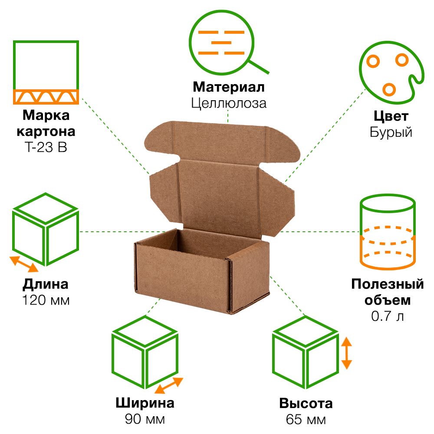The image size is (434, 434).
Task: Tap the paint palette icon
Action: (x=388, y=72)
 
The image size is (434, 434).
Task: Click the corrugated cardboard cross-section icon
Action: (x=46, y=72)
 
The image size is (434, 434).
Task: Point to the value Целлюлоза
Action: (x=228, y=103)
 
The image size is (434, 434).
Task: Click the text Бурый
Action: (x=391, y=132)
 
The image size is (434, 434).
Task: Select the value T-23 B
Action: (x=46, y=148)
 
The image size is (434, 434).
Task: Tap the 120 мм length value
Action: (x=46, y=300)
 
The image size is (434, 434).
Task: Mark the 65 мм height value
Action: (x=306, y=420)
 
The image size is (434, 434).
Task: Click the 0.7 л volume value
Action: (x=387, y=316)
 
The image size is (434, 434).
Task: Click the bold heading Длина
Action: (x=46, y=284)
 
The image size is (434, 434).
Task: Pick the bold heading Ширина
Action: (x=145, y=403)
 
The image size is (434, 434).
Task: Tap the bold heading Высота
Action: (x=306, y=404)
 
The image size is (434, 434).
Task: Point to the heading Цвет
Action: (x=391, y=116)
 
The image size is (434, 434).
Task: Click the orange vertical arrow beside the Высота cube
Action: (x=346, y=353)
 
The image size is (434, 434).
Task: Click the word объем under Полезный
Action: (x=387, y=300)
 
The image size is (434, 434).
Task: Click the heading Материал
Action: (x=228, y=87)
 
